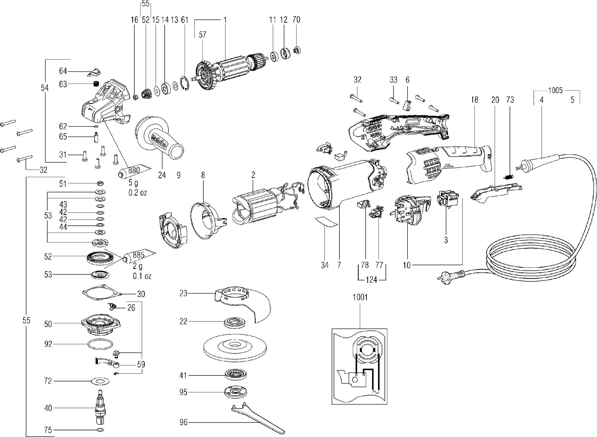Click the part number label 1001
tap(360, 297)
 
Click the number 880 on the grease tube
tap(134, 170)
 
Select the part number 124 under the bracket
tap(372, 280)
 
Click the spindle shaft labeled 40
tap(100, 409)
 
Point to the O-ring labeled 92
tap(100, 344)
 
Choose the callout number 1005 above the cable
tap(555, 90)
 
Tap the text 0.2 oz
tap(138, 193)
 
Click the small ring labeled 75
tap(100, 430)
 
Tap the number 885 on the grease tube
tap(139, 255)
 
